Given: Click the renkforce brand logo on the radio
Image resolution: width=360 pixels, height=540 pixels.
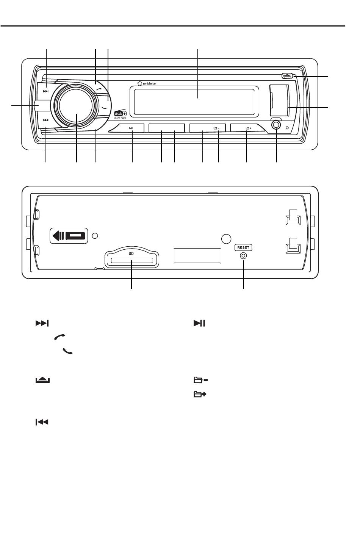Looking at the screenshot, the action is pyautogui.click(x=147, y=83).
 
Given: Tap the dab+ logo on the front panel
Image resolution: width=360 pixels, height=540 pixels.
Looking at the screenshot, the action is pyautogui.click(x=121, y=114).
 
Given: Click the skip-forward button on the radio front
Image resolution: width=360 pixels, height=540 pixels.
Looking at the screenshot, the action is pyautogui.click(x=45, y=91).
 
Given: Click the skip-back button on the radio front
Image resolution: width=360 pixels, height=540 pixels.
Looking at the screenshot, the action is pyautogui.click(x=45, y=120).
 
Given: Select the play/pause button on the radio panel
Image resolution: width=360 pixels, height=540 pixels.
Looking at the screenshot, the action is pyautogui.click(x=131, y=128).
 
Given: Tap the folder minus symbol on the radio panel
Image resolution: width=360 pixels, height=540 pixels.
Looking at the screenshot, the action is pyautogui.click(x=216, y=128).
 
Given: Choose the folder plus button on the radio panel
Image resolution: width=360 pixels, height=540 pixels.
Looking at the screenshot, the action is pyautogui.click(x=248, y=128).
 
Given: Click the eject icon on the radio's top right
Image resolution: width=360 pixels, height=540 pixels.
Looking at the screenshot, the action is pyautogui.click(x=287, y=76).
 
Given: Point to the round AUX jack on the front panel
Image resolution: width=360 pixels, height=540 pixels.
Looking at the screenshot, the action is pyautogui.click(x=276, y=125).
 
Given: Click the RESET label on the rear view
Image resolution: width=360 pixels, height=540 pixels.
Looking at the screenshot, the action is pyautogui.click(x=243, y=247).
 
